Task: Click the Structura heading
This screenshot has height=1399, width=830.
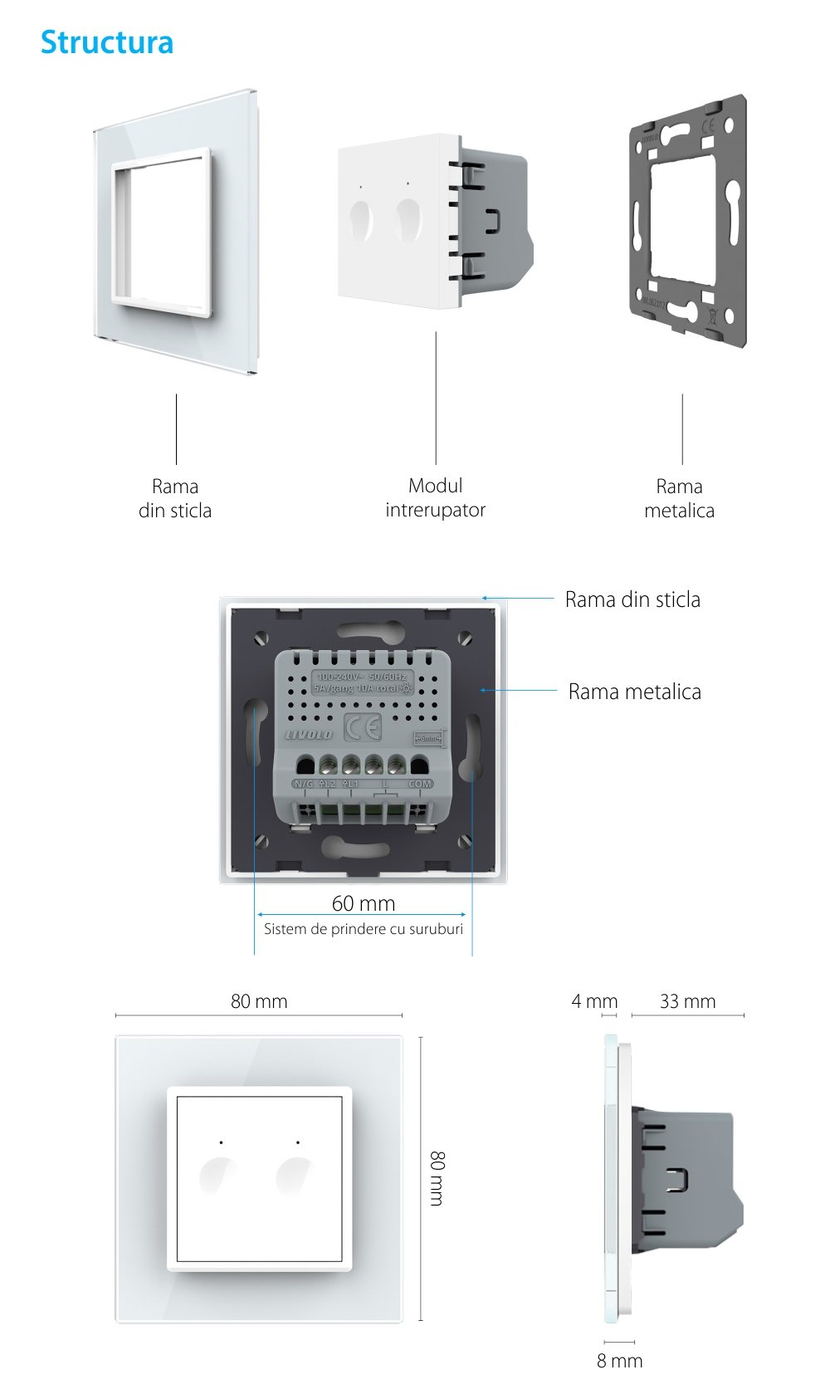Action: point(107,42)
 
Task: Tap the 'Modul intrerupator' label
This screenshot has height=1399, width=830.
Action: point(435,497)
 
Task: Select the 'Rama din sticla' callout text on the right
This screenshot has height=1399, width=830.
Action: point(632,599)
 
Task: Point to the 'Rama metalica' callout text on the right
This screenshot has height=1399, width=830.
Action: point(634,692)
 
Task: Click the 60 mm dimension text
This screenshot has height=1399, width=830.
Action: point(364,903)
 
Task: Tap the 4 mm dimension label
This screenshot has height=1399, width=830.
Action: point(594,1001)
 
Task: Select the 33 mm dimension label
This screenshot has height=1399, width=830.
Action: point(687,1001)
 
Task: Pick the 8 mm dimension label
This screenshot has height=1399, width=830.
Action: point(619,1361)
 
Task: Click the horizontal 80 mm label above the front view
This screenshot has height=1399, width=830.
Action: point(259,1001)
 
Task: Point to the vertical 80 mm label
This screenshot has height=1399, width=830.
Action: point(437,1178)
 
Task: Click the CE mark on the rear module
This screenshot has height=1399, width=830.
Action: point(363,728)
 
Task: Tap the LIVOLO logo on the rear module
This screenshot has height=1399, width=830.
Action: point(309,735)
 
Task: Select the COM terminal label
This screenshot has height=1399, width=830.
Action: point(419,784)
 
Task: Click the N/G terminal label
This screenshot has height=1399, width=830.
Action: point(304,784)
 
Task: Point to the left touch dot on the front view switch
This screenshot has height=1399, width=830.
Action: point(221,1142)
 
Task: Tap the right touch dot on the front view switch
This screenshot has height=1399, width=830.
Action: point(298,1142)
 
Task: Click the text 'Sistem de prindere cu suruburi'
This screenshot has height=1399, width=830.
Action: point(364,929)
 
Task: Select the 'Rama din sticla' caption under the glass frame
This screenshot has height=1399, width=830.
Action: point(175,498)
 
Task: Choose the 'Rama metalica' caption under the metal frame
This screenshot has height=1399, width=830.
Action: point(679,498)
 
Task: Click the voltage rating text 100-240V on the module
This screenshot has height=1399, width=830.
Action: point(337,677)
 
